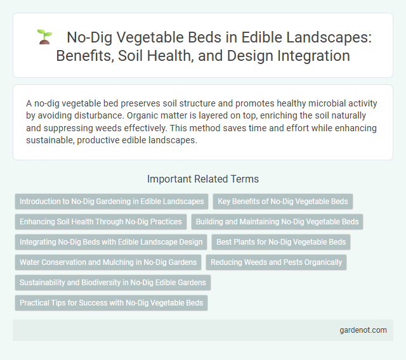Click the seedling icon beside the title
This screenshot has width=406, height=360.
tap(44, 37)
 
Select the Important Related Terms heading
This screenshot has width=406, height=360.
tap(202, 179)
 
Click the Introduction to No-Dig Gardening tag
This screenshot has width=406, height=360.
tap(112, 202)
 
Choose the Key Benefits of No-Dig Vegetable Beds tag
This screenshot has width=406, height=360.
tap(282, 202)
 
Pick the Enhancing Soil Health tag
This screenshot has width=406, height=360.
tap(101, 222)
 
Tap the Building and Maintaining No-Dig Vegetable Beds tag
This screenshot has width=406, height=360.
tap(277, 222)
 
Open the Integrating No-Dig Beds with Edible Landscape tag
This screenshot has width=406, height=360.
tap(111, 241)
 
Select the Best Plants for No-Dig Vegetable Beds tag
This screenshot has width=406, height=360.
tap(280, 241)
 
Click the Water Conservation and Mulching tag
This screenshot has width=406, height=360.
tap(108, 262)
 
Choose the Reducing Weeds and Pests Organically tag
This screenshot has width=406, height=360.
tap(276, 262)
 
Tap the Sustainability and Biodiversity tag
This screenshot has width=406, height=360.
tap(113, 282)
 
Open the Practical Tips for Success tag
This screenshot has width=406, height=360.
tap(111, 302)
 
